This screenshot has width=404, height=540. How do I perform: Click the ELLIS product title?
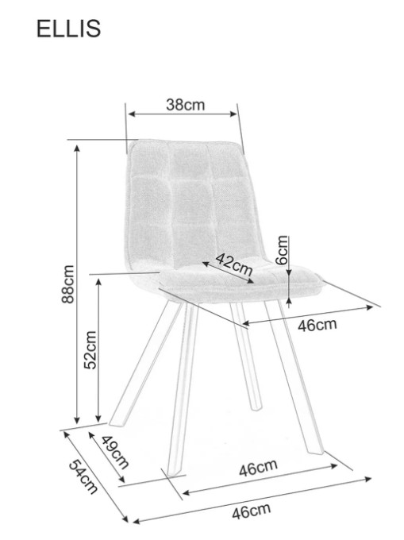point(68,29)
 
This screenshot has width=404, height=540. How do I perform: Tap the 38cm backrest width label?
point(185,105)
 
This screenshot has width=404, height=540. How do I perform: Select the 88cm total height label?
point(67,284)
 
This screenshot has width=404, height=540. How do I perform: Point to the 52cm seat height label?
point(90,350)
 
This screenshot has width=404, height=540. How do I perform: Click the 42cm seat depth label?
point(234,264)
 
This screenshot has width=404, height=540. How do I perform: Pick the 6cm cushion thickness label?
point(283,249)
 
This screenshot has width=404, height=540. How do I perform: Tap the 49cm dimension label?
point(115,452)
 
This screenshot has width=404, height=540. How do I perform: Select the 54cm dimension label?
point(83,477)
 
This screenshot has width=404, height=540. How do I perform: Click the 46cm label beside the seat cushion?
point(317,325)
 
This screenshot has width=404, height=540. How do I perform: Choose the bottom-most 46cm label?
point(251,511)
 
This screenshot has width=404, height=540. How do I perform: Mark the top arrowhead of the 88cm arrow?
point(77,148)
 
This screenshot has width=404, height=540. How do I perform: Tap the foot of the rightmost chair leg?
point(316,450)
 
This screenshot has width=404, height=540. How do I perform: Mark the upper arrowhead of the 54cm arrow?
point(66,434)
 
